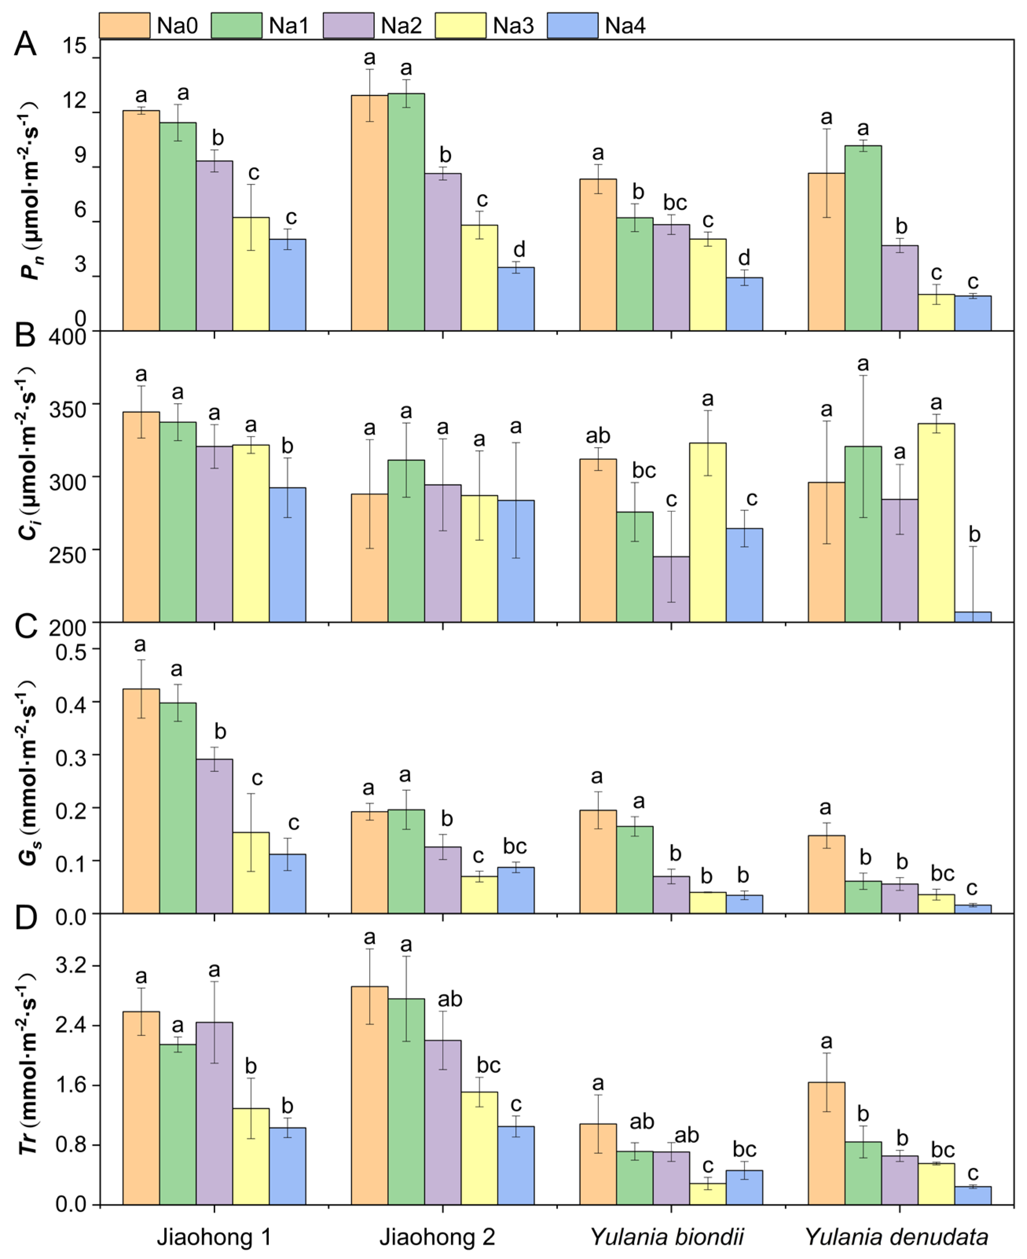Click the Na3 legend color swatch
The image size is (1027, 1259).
click(460, 26)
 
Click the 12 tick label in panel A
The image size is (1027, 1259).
click(75, 101)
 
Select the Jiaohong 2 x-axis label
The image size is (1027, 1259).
click(437, 1237)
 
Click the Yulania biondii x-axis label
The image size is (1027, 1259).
click(667, 1237)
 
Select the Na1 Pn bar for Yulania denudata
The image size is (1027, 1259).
click(863, 238)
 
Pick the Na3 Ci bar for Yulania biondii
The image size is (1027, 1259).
click(708, 532)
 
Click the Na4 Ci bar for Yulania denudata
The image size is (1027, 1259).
click(973, 617)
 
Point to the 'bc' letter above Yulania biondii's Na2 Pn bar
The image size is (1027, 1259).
click(675, 202)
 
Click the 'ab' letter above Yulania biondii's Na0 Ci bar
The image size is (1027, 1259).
click(598, 436)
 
